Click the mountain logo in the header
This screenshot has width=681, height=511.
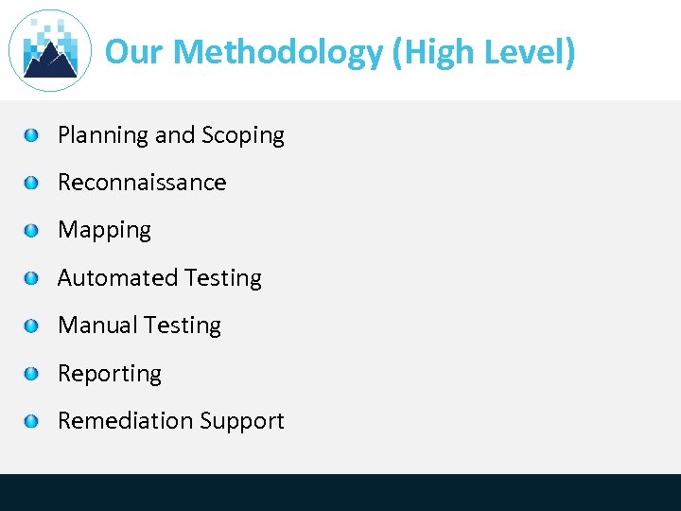(x=49, y=51)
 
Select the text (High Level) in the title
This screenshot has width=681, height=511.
(x=484, y=52)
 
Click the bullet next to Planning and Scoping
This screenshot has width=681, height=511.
(x=32, y=135)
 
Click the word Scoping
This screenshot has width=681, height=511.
(x=242, y=136)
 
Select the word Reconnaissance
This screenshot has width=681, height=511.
(x=142, y=183)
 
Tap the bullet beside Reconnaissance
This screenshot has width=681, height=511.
(x=32, y=183)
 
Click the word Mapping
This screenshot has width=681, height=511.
(x=104, y=231)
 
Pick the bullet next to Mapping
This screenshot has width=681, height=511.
(x=32, y=231)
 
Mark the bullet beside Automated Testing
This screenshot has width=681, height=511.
(x=32, y=278)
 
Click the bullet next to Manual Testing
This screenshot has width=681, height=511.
(x=32, y=326)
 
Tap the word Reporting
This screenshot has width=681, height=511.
(x=110, y=375)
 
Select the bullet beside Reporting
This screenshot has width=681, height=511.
(x=32, y=374)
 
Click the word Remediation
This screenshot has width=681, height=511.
(x=123, y=421)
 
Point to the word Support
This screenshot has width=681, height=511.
(x=239, y=422)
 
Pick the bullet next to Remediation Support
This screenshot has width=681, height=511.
(x=32, y=421)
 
